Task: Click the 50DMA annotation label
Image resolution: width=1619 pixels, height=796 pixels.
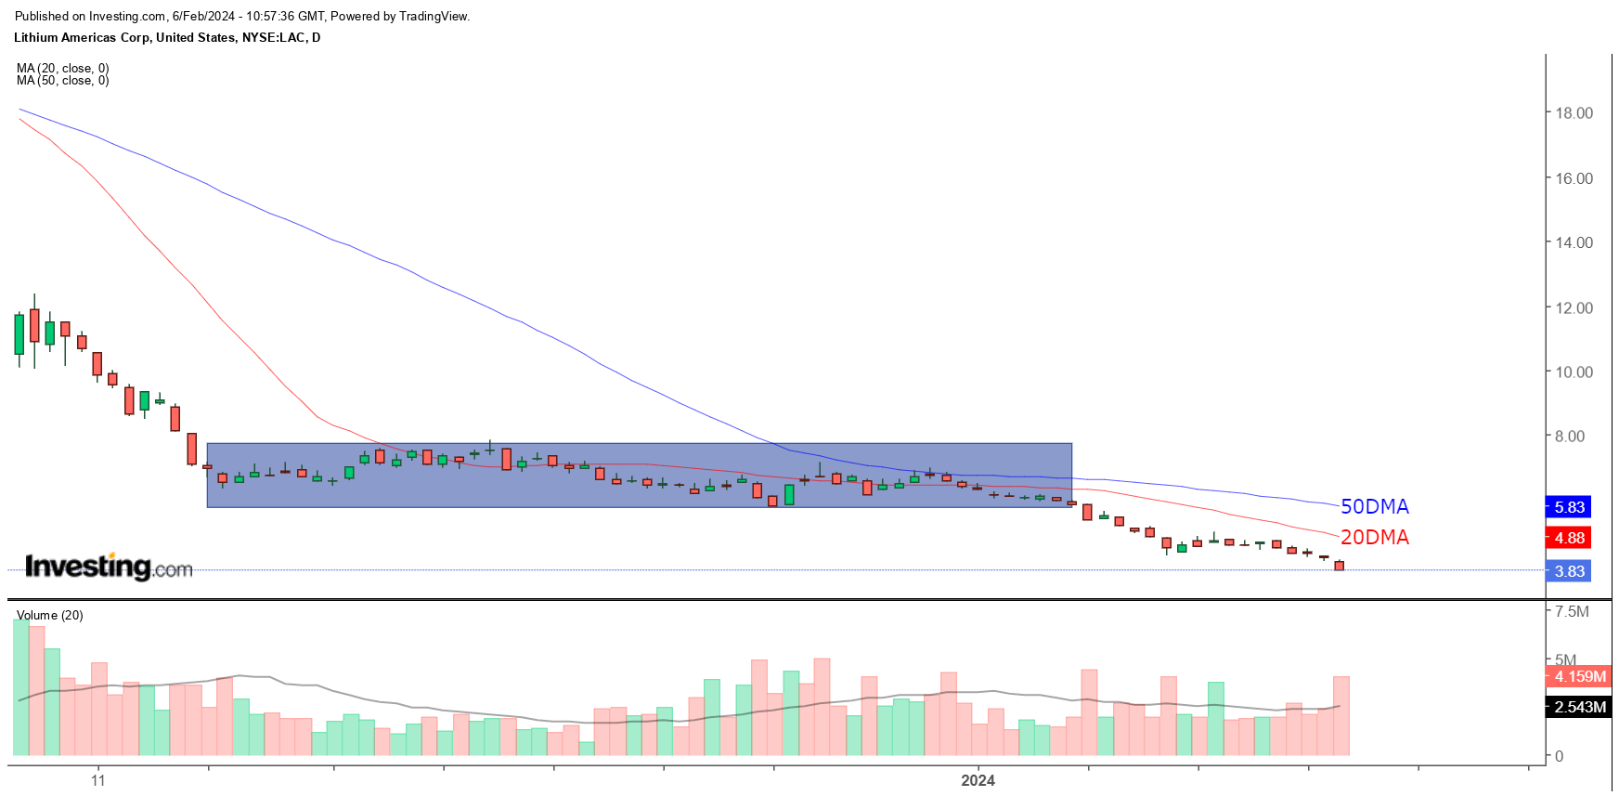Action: point(1374,506)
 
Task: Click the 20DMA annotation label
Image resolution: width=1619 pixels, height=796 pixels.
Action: point(1374,537)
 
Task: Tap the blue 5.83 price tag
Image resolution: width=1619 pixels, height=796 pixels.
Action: point(1569,507)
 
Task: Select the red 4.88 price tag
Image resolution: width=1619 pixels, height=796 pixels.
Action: point(1569,538)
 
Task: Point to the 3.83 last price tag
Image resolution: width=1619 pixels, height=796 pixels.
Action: point(1569,571)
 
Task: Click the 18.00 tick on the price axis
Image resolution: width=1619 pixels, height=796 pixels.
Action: point(1574,113)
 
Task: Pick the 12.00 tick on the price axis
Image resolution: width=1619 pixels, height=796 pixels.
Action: point(1574,307)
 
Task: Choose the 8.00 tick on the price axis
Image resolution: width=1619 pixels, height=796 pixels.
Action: point(1570,437)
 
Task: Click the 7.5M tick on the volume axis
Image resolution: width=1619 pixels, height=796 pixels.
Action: point(1572,611)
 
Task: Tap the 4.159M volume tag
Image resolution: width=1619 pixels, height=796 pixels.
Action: point(1579,676)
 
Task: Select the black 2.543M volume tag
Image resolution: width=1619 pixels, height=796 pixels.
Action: point(1579,707)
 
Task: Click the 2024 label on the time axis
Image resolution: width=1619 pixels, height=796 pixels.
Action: point(978,780)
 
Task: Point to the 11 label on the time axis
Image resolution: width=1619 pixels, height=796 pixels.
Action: point(98,780)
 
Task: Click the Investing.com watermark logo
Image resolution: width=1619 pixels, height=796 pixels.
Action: point(109,567)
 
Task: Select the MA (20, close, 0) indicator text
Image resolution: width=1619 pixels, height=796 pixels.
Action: point(62,68)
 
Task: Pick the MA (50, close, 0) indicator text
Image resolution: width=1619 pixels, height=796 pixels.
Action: point(62,81)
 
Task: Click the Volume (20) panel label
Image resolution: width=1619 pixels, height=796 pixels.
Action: point(50,615)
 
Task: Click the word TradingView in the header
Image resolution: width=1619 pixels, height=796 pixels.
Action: point(434,16)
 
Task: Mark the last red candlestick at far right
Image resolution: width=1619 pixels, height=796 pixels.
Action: point(1340,566)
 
